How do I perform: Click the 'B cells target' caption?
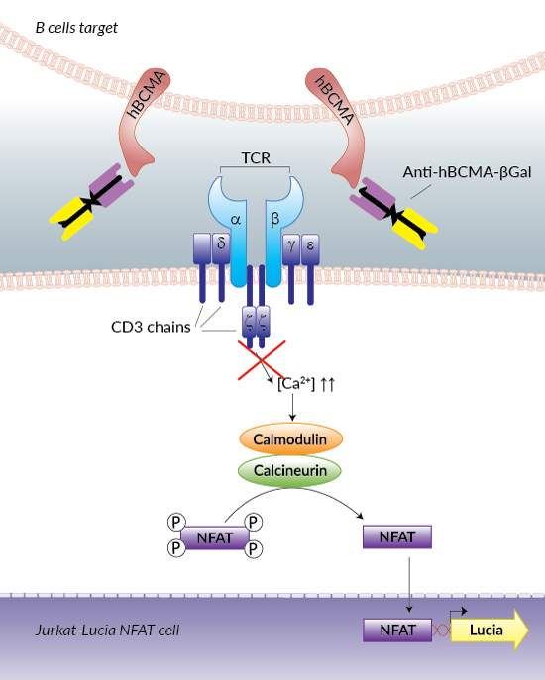coord(76,28)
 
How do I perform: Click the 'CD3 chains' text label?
coord(151,328)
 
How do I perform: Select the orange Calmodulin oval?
coord(291,438)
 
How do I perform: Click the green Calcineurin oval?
coord(291,470)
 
